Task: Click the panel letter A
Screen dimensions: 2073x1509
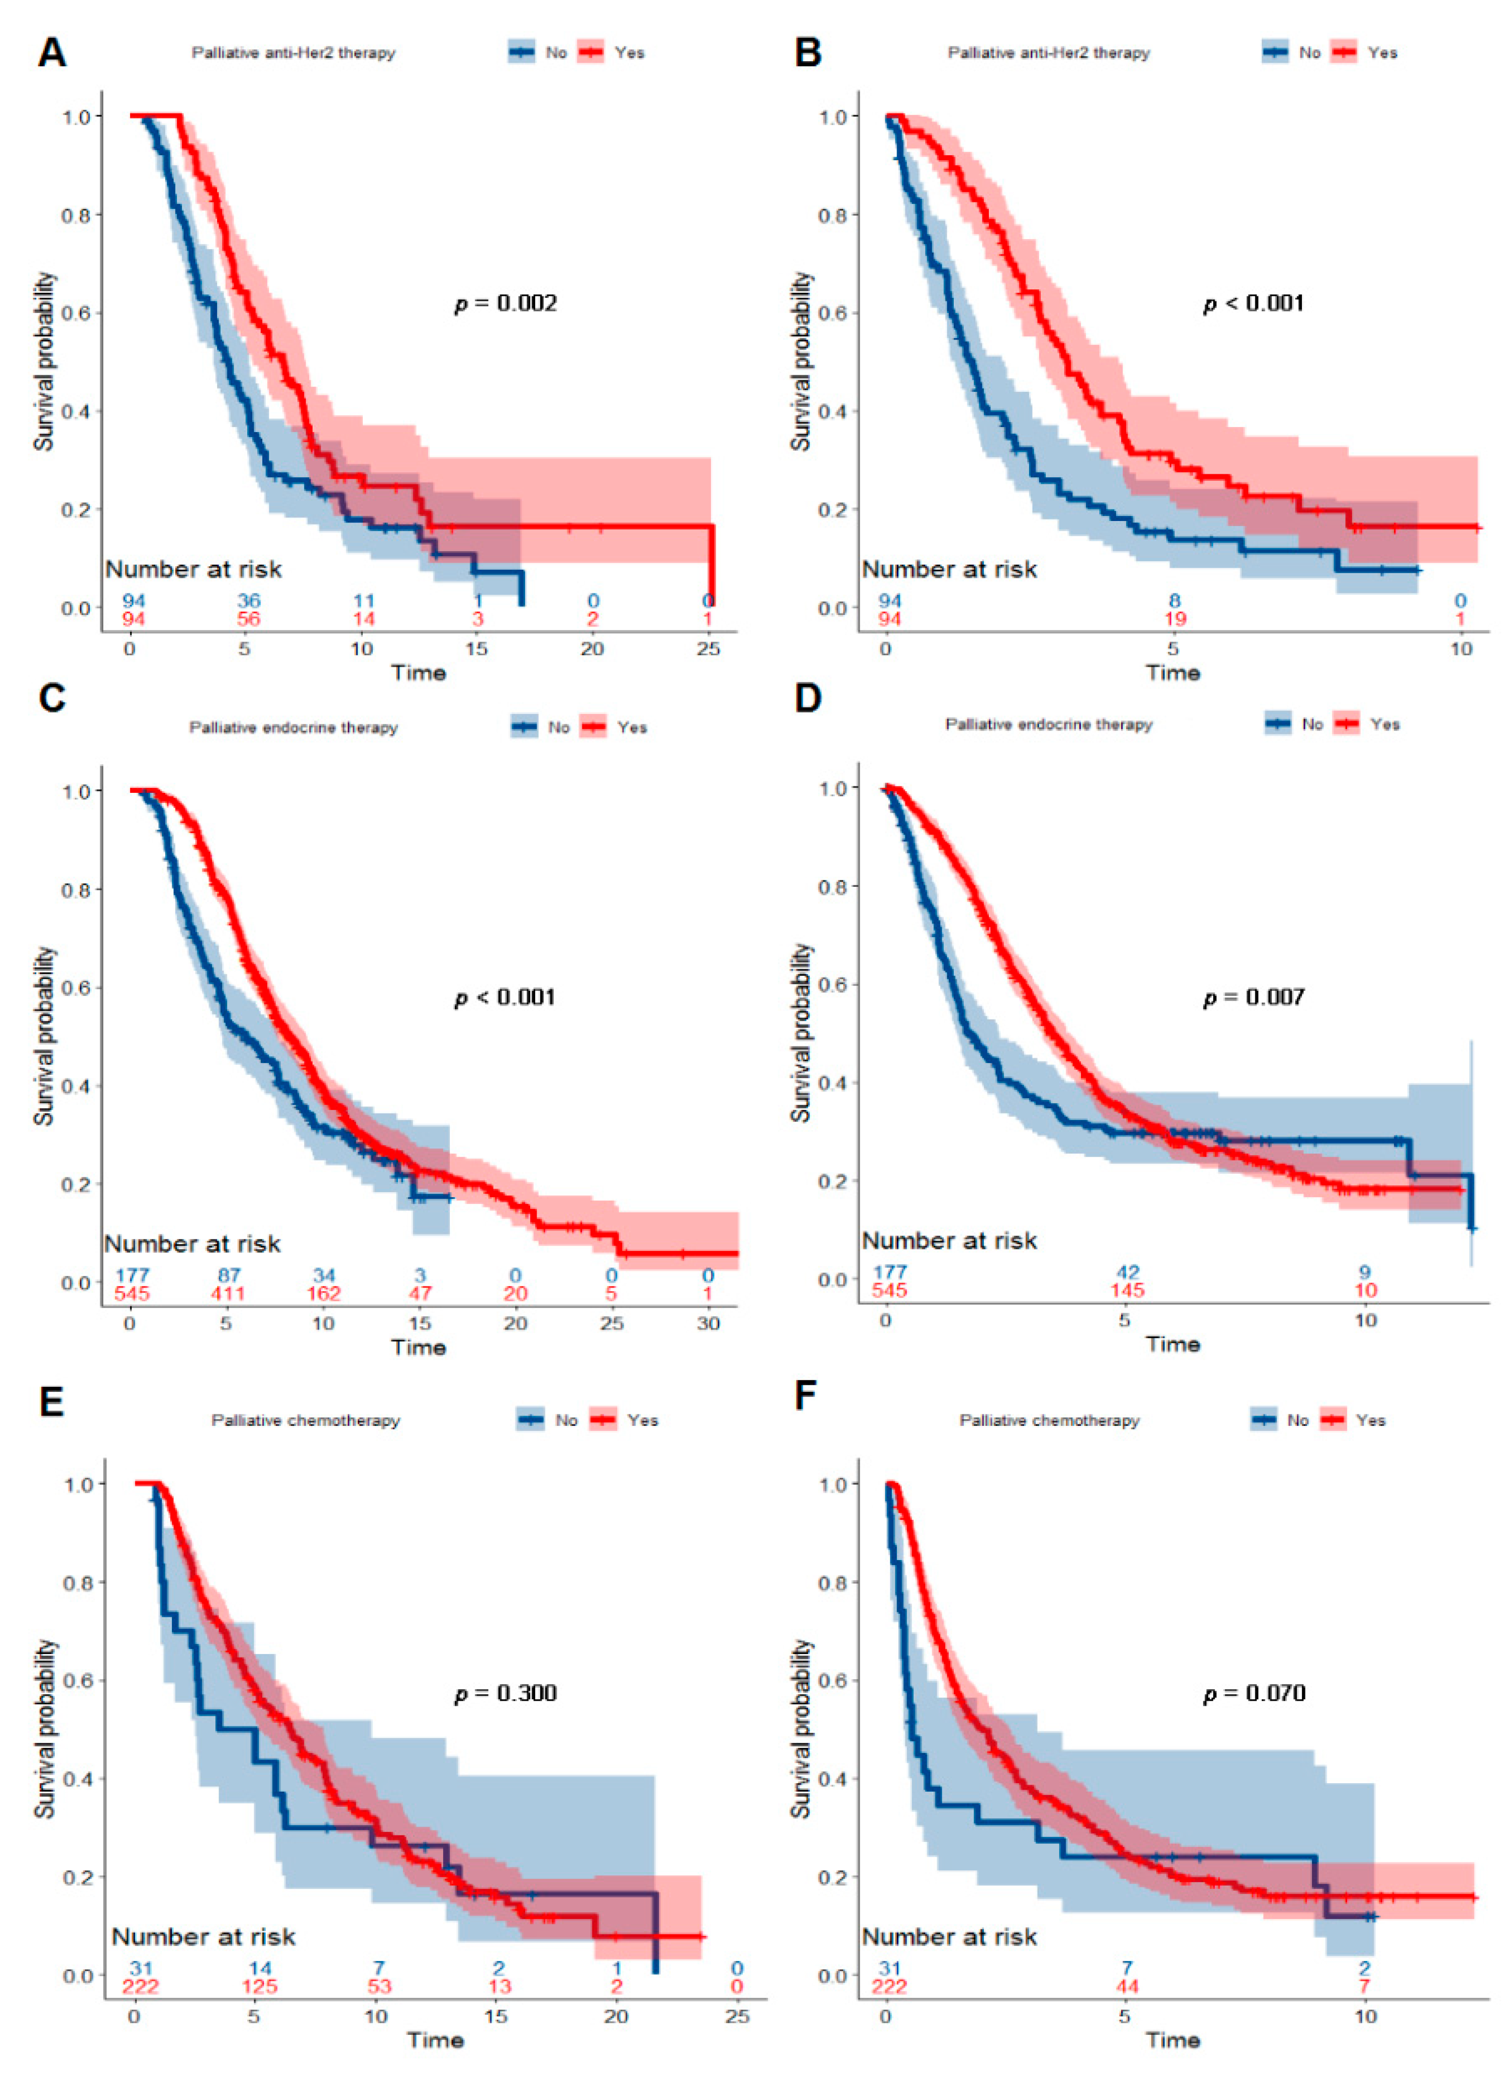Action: [x=52, y=52]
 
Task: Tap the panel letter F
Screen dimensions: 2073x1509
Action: [x=805, y=1397]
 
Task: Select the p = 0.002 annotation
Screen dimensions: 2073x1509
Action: [x=506, y=302]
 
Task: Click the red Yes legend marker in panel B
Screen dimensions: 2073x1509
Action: [x=1344, y=52]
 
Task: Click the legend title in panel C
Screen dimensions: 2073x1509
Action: [x=293, y=728]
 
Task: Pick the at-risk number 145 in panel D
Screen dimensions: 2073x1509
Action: [x=1127, y=1291]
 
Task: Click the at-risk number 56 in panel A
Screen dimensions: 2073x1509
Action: [x=249, y=619]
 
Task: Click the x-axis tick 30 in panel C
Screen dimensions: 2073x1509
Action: [x=709, y=1322]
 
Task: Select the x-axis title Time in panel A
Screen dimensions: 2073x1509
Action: [x=419, y=673]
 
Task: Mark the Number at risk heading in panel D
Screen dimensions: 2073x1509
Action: [x=950, y=1240]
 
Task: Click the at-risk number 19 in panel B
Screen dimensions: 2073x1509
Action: [x=1174, y=619]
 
